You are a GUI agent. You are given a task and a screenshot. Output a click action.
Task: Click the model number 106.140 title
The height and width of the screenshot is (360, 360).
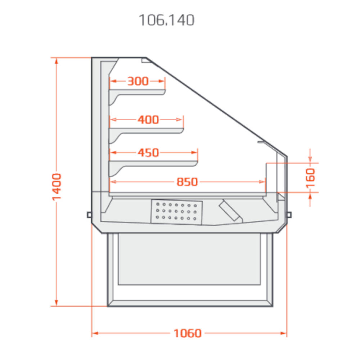(167, 20)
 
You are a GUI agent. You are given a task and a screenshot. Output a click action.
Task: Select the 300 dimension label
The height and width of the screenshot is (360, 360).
(138, 81)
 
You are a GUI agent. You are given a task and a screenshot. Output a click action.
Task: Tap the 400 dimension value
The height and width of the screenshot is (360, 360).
(148, 120)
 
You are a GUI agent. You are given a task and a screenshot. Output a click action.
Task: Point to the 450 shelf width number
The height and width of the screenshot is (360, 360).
(148, 153)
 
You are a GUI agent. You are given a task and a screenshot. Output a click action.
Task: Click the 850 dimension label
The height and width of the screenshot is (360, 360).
(187, 182)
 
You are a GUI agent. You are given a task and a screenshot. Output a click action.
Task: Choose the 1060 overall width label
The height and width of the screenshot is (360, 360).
(188, 333)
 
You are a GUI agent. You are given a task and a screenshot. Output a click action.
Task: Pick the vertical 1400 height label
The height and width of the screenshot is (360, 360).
(57, 187)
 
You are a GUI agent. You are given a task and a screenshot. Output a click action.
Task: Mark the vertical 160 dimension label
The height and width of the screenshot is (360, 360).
(310, 178)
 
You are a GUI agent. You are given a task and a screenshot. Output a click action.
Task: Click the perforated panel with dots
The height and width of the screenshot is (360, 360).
(176, 212)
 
